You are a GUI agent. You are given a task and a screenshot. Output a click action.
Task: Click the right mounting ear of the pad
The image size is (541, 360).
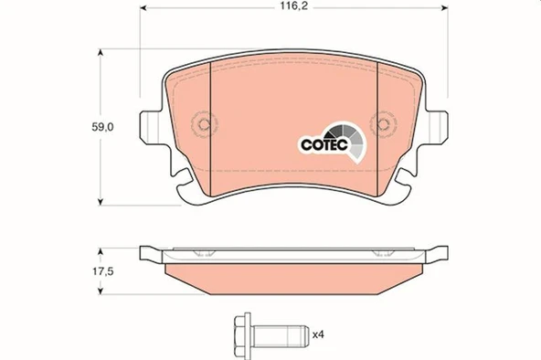tap(438, 124)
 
